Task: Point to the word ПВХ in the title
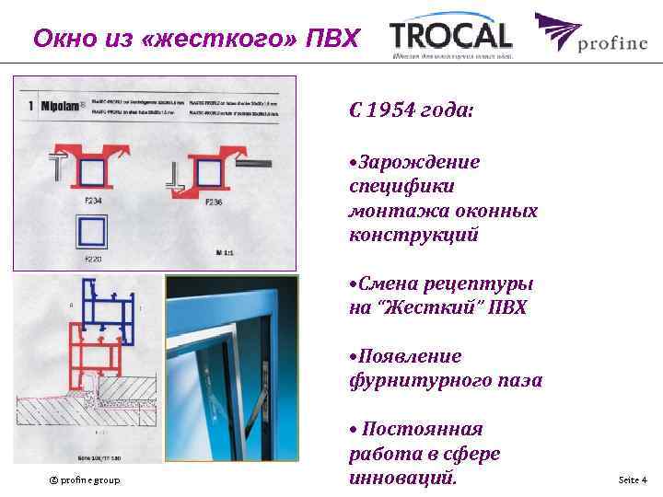pyautogui.click(x=336, y=40)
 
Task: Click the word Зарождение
pyautogui.click(x=419, y=163)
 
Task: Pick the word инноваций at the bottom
pyautogui.click(x=401, y=478)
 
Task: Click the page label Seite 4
pyautogui.click(x=633, y=480)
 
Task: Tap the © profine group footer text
pyautogui.click(x=85, y=480)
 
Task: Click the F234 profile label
pyautogui.click(x=92, y=200)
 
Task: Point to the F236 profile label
pyautogui.click(x=213, y=202)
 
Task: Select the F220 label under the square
pyautogui.click(x=92, y=260)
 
